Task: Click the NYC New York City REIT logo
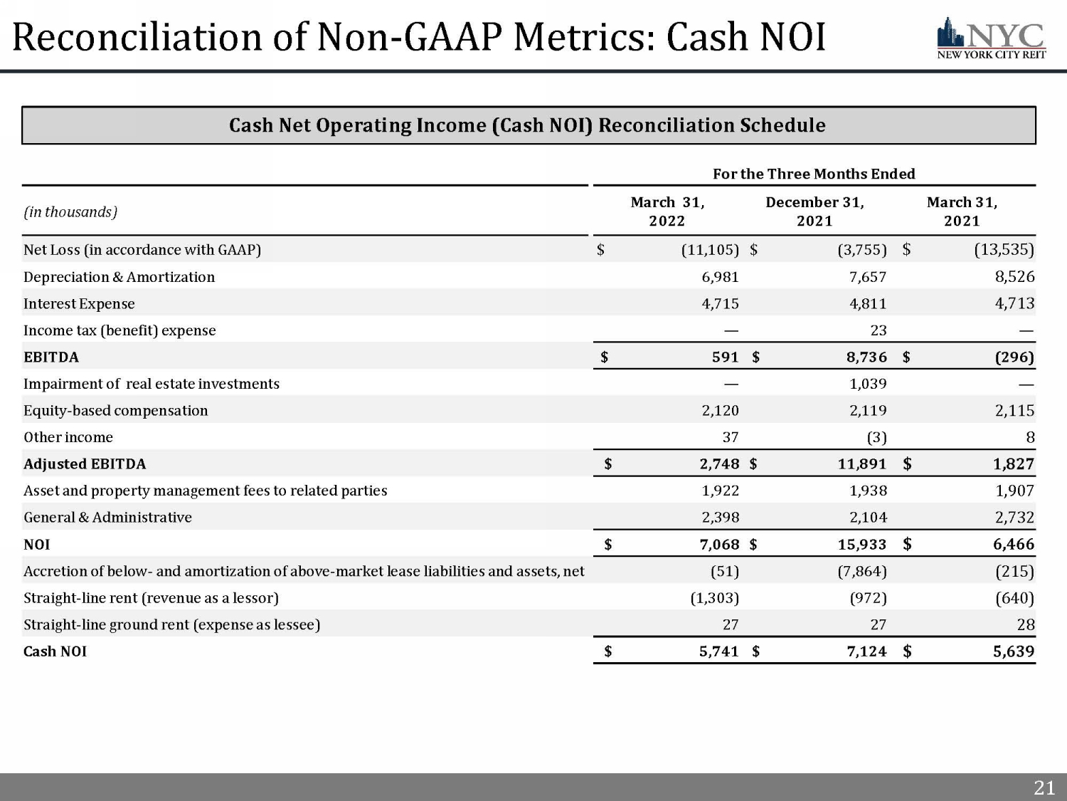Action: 991,38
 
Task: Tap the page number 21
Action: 1044,787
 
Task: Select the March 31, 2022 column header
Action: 667,211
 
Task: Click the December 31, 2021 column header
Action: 814,211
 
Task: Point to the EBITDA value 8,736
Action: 866,357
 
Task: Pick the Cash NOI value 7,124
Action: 866,651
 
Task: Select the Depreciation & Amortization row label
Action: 119,277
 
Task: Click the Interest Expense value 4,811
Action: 868,304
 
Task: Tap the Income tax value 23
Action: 878,330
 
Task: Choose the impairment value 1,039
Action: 868,384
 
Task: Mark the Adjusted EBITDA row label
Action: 85,464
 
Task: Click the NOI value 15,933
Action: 862,545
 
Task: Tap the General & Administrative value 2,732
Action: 1014,518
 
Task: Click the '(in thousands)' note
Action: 70,212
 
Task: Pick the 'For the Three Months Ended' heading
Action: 814,174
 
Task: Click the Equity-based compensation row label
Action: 115,411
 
